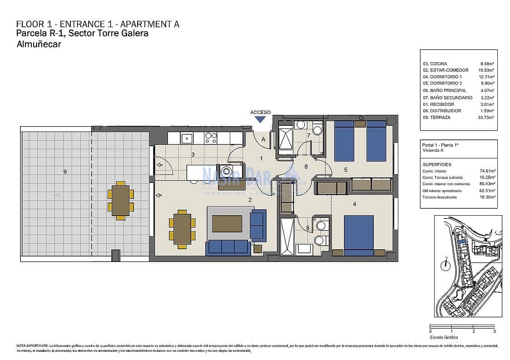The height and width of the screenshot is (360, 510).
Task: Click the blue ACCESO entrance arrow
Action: [x=260, y=119]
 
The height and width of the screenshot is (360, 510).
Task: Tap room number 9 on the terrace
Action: [x=65, y=172]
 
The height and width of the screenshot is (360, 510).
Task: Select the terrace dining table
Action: [x=120, y=200]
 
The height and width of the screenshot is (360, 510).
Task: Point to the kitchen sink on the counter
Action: [x=186, y=138]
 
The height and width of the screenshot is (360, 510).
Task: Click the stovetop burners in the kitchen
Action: [x=210, y=138]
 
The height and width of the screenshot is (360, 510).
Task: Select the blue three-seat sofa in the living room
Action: [x=228, y=247]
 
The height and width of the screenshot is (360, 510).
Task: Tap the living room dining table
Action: [x=182, y=229]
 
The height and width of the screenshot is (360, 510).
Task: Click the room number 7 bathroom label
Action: [x=308, y=135]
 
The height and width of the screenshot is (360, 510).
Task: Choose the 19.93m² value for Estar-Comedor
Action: [x=487, y=70]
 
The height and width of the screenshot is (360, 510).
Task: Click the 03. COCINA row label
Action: [x=435, y=64]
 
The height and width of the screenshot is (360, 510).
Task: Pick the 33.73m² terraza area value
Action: [x=487, y=117]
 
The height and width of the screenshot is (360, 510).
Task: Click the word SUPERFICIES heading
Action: [x=436, y=164]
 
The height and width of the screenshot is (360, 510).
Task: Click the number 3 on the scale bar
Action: [x=495, y=331]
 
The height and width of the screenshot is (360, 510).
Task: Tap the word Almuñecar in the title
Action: [x=39, y=44]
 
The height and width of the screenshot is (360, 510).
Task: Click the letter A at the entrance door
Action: [x=263, y=139]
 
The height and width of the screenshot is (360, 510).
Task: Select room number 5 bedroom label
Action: [x=345, y=170]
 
